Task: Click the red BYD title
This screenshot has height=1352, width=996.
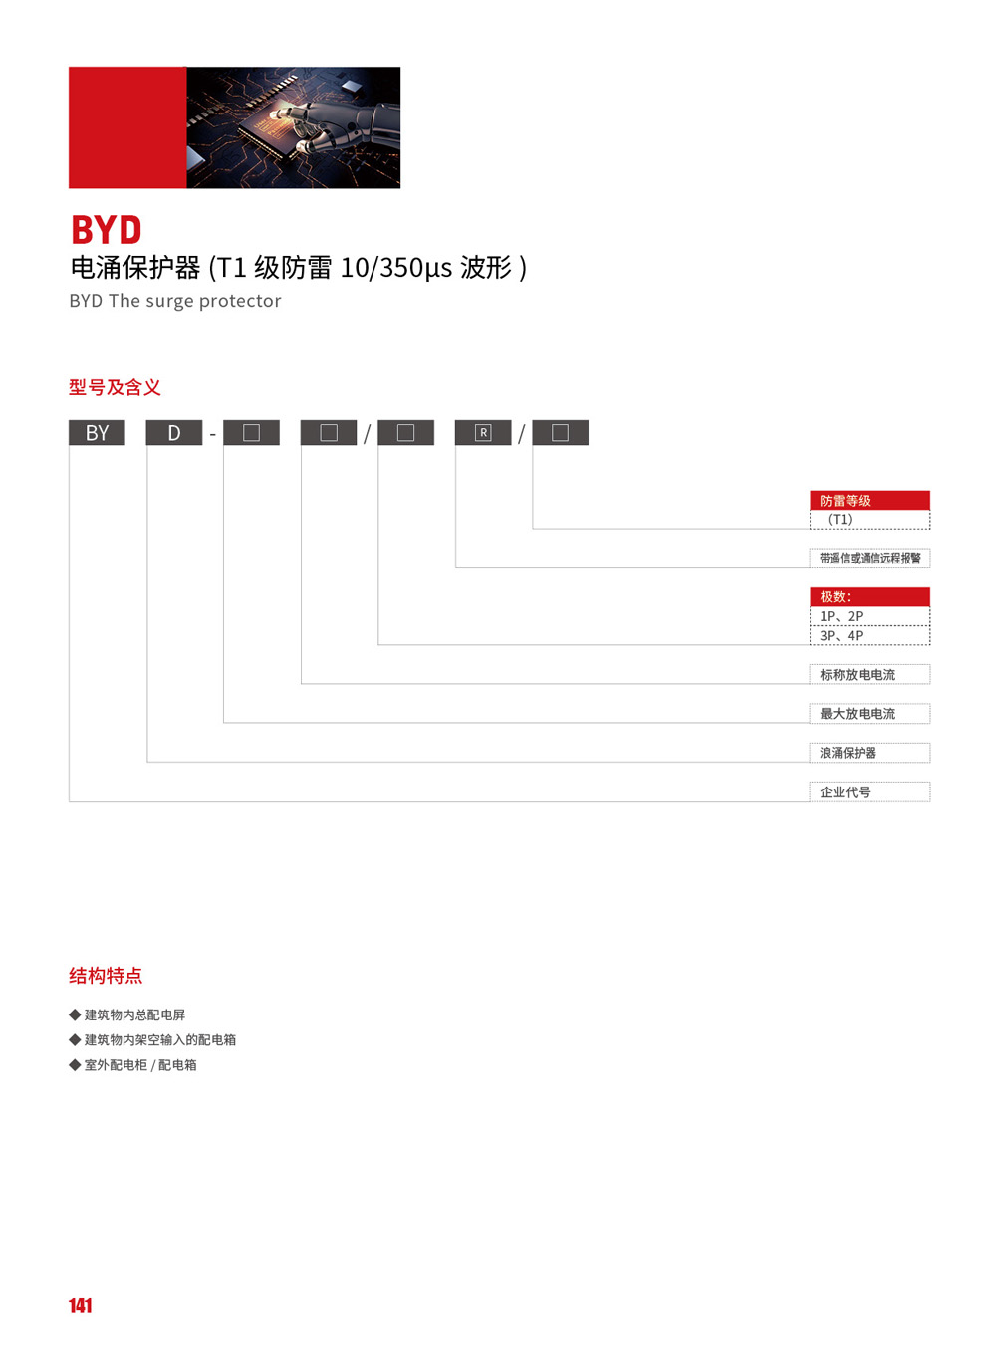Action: click(x=107, y=229)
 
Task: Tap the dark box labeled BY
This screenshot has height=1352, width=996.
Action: click(x=97, y=433)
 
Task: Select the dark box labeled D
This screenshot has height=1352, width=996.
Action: click(x=174, y=433)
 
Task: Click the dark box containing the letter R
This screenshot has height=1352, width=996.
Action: click(x=483, y=433)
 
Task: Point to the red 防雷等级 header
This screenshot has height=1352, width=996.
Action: click(x=870, y=501)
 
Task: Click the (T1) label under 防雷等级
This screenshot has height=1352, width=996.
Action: click(x=840, y=519)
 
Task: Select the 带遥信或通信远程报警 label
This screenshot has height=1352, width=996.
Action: click(x=870, y=559)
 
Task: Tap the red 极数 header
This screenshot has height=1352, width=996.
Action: click(x=870, y=597)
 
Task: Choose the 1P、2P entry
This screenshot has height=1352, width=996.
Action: click(x=841, y=616)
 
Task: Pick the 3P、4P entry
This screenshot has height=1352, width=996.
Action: click(x=841, y=635)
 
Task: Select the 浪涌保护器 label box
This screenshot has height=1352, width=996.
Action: click(x=870, y=753)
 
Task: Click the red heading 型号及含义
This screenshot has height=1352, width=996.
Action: click(x=115, y=387)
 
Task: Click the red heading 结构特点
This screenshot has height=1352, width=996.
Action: click(x=106, y=976)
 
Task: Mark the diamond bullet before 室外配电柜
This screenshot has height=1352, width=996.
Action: click(x=75, y=1064)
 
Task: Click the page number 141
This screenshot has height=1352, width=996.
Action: click(x=80, y=1305)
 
